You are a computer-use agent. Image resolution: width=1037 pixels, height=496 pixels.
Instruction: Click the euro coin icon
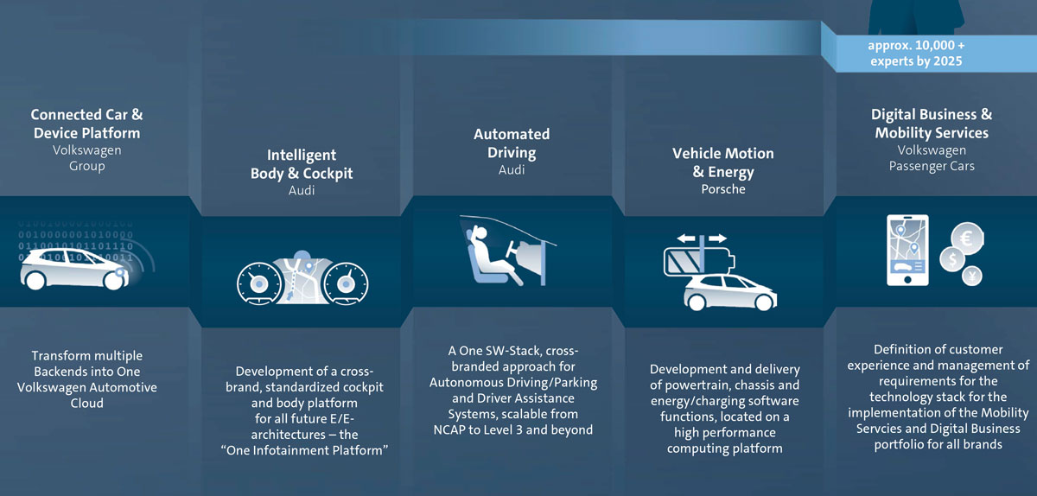[x=968, y=238]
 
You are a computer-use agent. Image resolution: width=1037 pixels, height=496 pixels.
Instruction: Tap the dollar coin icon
[x=952, y=259]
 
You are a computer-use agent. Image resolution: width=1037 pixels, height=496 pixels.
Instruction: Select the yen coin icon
[x=972, y=277]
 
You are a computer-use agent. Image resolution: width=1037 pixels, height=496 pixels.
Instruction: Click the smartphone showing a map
[x=907, y=250]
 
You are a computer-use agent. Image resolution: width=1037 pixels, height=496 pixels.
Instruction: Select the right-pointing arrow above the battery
[x=717, y=238]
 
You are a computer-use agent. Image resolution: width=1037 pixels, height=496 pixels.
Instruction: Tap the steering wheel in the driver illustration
[x=512, y=249]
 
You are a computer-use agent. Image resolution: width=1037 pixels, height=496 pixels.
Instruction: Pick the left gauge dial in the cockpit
[x=258, y=283]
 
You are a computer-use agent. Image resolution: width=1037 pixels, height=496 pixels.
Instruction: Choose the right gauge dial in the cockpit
[x=346, y=283]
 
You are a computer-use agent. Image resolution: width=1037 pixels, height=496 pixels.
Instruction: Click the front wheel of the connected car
[x=114, y=279]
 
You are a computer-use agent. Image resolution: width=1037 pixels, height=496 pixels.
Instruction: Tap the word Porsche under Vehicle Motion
[x=723, y=189]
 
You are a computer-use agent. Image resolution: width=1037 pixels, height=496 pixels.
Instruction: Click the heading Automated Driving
[x=512, y=143]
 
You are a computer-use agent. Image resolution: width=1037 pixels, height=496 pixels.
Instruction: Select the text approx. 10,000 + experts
[x=917, y=54]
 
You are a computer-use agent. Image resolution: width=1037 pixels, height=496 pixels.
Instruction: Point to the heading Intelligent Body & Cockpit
[x=302, y=164]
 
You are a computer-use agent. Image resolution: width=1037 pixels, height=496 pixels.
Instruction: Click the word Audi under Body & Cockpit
[x=302, y=190]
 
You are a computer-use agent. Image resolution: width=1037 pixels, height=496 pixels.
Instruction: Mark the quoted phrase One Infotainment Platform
[x=304, y=450]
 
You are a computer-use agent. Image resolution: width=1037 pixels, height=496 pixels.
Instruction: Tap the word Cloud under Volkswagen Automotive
[x=87, y=403]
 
